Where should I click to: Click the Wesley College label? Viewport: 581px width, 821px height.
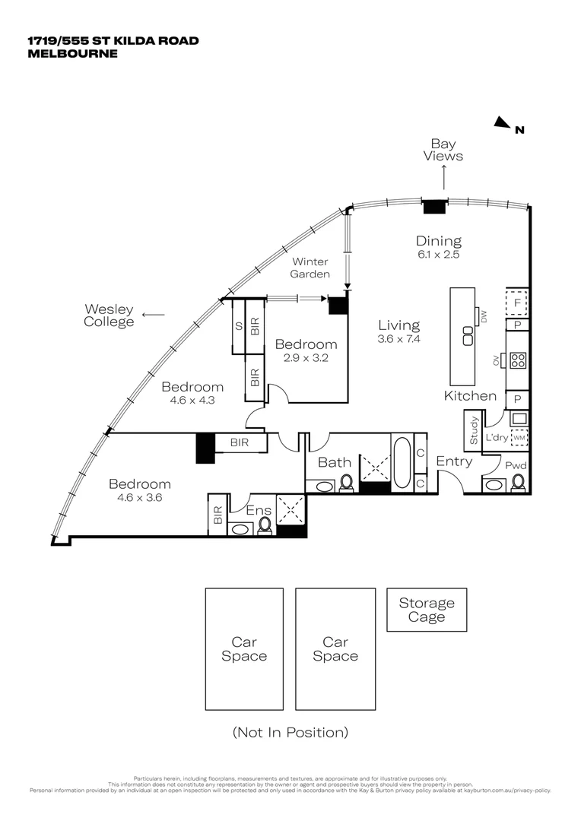pyautogui.click(x=109, y=315)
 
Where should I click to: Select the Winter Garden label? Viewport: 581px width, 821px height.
pyautogui.click(x=310, y=268)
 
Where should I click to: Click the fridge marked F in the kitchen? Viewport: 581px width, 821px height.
pyautogui.click(x=517, y=302)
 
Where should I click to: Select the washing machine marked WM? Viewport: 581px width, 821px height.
pyautogui.click(x=519, y=438)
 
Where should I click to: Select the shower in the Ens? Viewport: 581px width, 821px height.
pyautogui.click(x=290, y=507)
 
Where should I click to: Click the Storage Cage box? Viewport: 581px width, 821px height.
pyautogui.click(x=427, y=610)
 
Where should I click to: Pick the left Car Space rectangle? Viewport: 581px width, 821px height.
pyautogui.click(x=244, y=648)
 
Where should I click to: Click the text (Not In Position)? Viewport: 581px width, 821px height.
pyautogui.click(x=290, y=733)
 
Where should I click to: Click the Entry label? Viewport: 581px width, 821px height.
pyautogui.click(x=454, y=461)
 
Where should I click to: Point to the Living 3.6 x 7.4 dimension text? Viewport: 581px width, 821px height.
pyautogui.click(x=398, y=332)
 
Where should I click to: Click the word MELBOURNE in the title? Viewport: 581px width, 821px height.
pyautogui.click(x=73, y=53)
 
